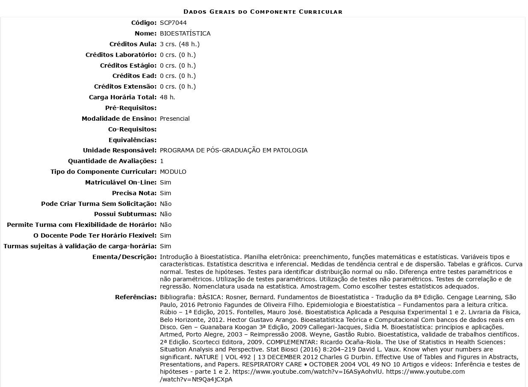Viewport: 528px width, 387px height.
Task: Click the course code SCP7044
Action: pos(173,23)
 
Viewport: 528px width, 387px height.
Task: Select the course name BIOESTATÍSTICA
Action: pos(185,33)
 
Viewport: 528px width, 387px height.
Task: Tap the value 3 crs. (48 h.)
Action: pos(180,44)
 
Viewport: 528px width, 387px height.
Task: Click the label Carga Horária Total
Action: pos(123,97)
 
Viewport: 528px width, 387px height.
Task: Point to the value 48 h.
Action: pos(167,97)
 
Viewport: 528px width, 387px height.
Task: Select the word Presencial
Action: pos(174,119)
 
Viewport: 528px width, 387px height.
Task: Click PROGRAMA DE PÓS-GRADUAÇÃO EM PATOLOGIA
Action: pos(233,150)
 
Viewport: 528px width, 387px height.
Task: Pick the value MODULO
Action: pos(173,172)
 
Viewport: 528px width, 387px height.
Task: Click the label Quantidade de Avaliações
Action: pos(112,161)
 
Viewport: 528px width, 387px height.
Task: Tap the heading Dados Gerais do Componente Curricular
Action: pos(263,12)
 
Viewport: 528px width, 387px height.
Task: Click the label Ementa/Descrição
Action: pos(124,257)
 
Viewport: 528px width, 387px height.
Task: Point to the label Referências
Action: pos(136,297)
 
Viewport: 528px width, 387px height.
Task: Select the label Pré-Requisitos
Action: pos(131,108)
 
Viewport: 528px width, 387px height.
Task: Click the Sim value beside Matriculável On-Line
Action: pos(165,182)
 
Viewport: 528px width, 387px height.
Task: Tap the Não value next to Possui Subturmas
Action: pos(165,214)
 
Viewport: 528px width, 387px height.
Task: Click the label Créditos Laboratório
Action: pos(121,55)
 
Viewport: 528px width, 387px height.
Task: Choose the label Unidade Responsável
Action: pos(120,150)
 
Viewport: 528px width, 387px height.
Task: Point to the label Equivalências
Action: pos(133,140)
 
